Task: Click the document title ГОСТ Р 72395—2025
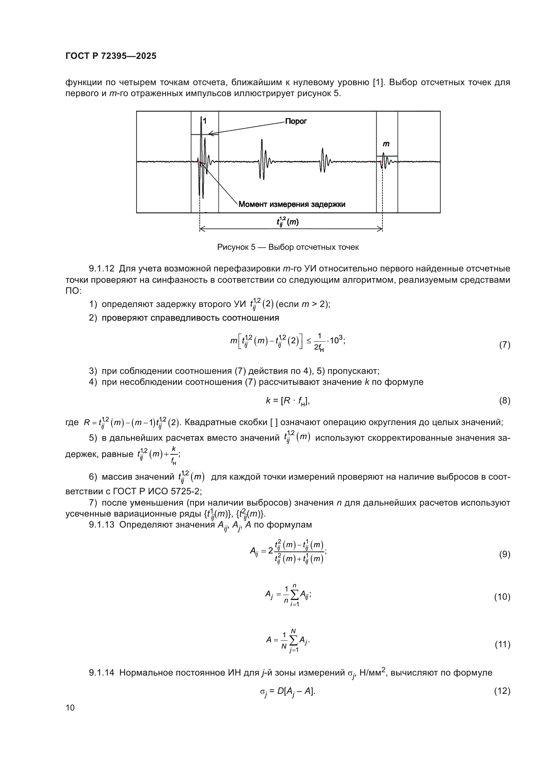(111, 56)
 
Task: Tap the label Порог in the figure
(296, 121)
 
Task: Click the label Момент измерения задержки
(292, 204)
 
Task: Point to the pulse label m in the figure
(386, 144)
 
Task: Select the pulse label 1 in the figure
(205, 121)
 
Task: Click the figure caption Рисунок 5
(288, 247)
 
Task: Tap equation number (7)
(504, 345)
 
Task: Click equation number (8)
(504, 401)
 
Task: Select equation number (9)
(504, 554)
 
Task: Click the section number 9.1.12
(102, 269)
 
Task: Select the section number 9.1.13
(102, 525)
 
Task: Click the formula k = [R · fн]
(288, 401)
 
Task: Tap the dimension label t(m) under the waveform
(288, 222)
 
